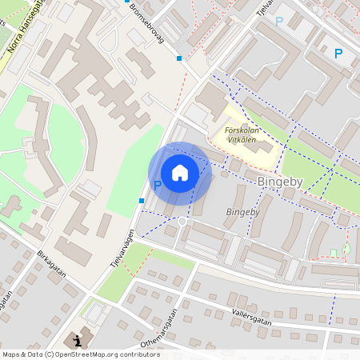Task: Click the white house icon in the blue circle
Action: pyautogui.click(x=180, y=173)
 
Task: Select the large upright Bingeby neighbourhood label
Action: pyautogui.click(x=281, y=182)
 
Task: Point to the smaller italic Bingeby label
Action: pyautogui.click(x=242, y=212)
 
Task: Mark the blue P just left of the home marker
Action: pyautogui.click(x=158, y=185)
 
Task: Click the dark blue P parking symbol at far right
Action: pyautogui.click(x=338, y=54)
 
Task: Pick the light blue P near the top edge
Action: pyautogui.click(x=278, y=22)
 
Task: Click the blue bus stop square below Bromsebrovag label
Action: pyautogui.click(x=178, y=58)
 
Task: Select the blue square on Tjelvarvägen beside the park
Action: pyautogui.click(x=142, y=200)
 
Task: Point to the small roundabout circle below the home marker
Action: pyautogui.click(x=182, y=221)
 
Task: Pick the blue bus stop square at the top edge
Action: pyautogui.click(x=126, y=2)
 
